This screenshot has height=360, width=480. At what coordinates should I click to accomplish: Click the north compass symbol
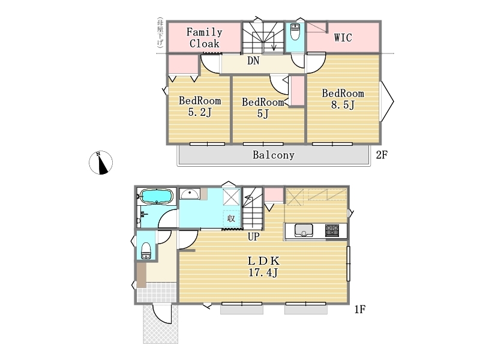(x=101, y=163)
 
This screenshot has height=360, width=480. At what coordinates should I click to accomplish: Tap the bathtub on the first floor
(x=157, y=196)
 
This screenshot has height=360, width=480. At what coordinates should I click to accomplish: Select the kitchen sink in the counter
(x=304, y=230)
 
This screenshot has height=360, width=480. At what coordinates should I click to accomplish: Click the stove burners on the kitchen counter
(x=332, y=230)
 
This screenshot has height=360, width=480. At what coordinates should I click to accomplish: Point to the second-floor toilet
(x=295, y=32)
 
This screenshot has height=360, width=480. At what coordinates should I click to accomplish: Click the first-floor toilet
(x=146, y=251)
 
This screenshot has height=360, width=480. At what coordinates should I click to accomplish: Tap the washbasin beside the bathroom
(x=190, y=194)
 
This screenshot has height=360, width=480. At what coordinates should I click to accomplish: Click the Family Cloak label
(x=204, y=38)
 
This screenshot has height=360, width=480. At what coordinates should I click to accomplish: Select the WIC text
(x=343, y=37)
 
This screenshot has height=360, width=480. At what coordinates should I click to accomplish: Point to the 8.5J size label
(x=343, y=105)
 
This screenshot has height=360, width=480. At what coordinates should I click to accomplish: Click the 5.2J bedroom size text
(x=200, y=112)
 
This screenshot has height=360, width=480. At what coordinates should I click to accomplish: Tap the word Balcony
(x=274, y=155)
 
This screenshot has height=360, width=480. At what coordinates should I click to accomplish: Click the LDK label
(x=263, y=261)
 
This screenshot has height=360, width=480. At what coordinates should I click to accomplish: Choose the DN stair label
(x=253, y=61)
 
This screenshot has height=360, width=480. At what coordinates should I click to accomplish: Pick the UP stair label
(x=253, y=236)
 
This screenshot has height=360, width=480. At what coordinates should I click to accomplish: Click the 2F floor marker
(x=382, y=155)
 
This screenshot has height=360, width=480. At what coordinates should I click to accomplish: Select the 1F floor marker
(x=359, y=310)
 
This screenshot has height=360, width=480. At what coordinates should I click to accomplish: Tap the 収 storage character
(x=231, y=218)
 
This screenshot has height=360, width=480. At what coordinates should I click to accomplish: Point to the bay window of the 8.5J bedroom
(x=387, y=101)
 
